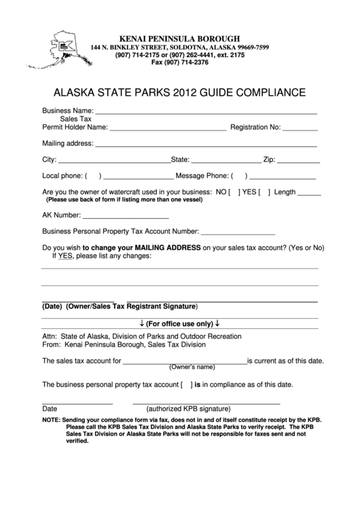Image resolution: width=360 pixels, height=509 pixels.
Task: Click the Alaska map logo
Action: (65, 49)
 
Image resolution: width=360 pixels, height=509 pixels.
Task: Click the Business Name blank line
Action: (206, 111)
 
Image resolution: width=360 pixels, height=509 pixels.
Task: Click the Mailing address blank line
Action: (206, 145)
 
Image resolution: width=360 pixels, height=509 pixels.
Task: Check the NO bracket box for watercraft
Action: (234, 192)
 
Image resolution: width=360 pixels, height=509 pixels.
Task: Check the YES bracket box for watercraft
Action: (264, 192)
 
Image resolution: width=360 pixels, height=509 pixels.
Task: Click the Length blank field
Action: (310, 193)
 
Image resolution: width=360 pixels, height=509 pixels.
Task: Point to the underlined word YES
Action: (65, 257)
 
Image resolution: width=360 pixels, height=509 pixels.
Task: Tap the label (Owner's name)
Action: (192, 367)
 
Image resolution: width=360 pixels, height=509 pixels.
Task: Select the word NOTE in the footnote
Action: (50, 420)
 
